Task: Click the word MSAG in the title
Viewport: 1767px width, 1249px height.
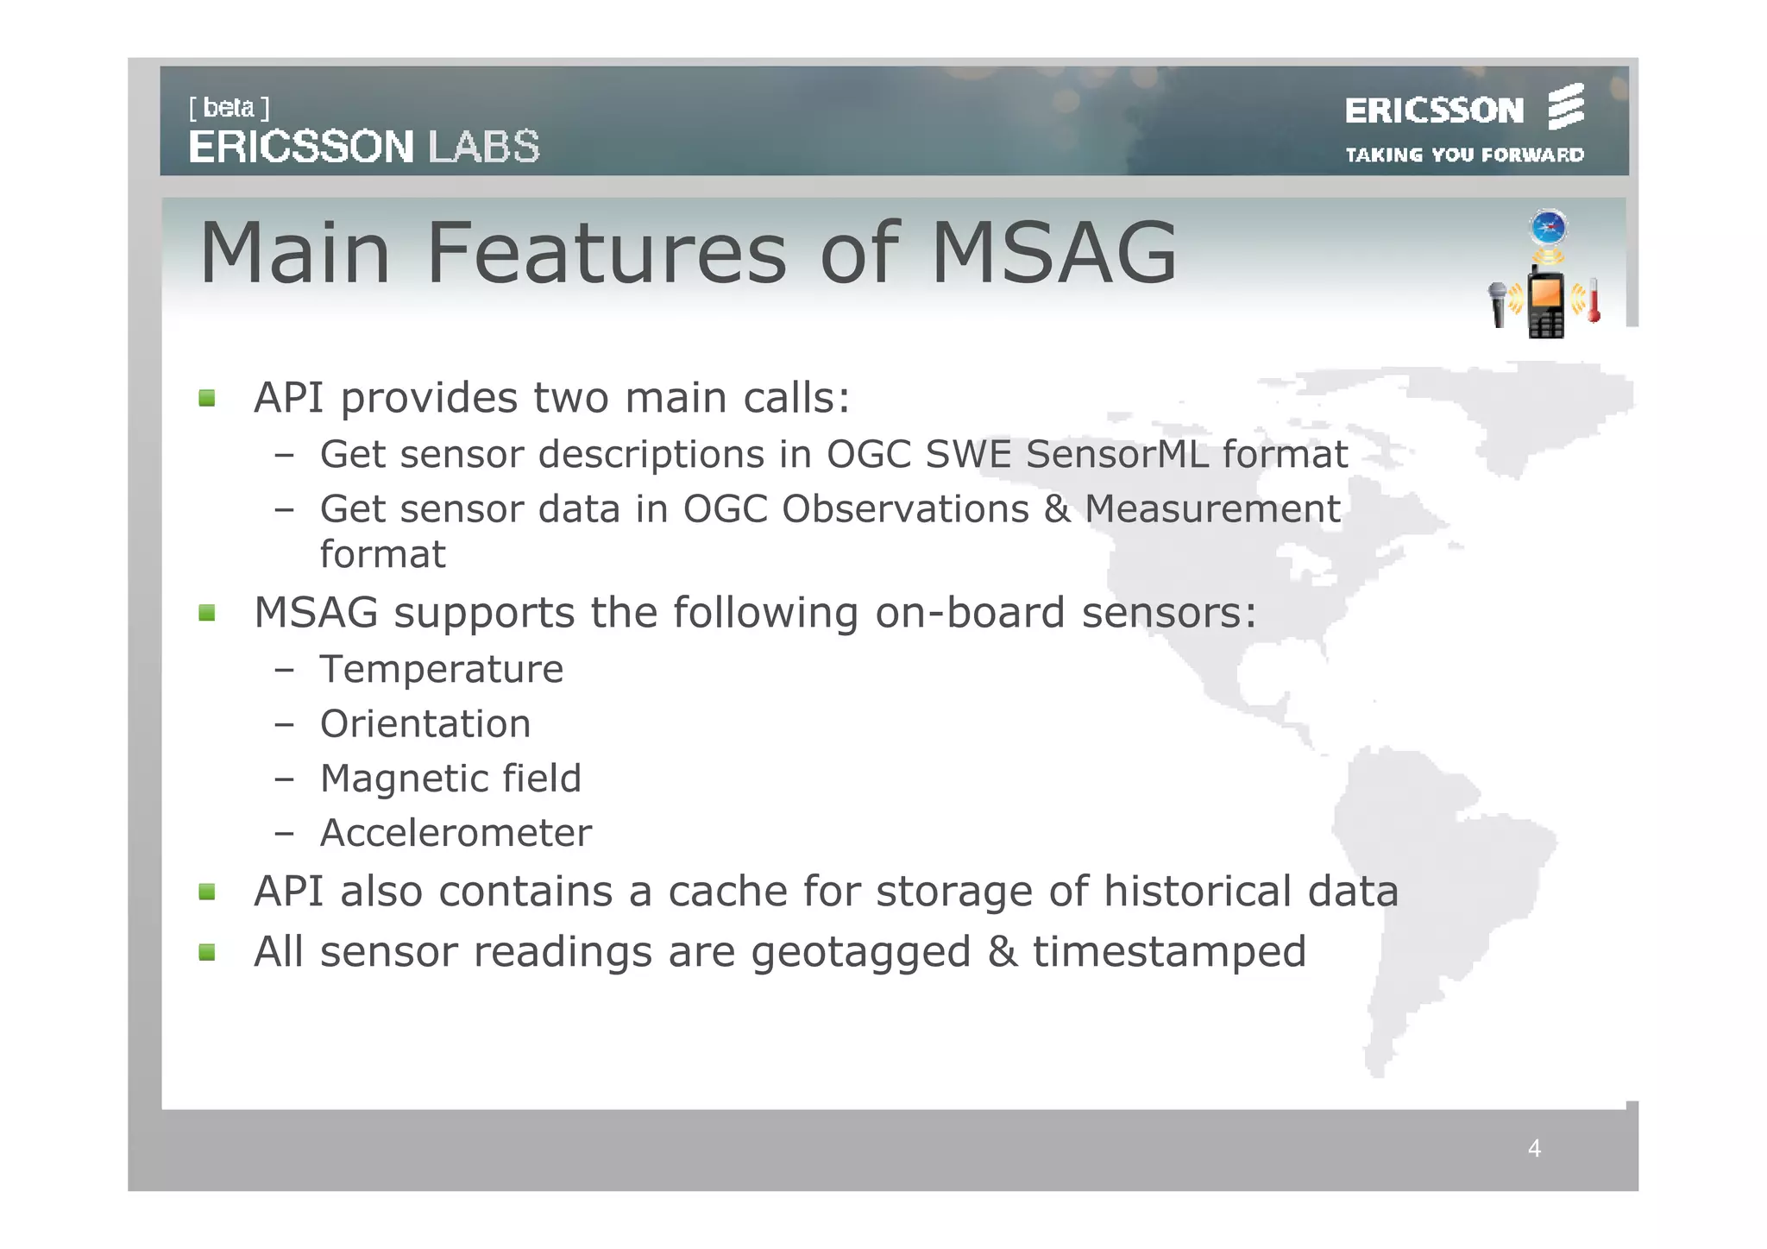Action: (x=1053, y=253)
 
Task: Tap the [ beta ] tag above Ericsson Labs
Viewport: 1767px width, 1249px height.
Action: (x=229, y=108)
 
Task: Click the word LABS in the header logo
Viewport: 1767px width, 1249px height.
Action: (x=484, y=147)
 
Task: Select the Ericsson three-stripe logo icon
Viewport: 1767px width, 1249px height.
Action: (x=1565, y=108)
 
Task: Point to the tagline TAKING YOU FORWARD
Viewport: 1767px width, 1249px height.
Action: (x=1464, y=155)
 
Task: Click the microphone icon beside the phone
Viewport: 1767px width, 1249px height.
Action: (x=1498, y=304)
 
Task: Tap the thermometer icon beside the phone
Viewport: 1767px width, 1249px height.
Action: (x=1594, y=301)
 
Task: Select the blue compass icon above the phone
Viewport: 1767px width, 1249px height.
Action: (x=1549, y=228)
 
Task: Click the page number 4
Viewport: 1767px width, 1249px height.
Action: (x=1534, y=1148)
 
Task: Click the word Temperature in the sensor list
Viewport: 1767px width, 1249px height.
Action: (x=441, y=670)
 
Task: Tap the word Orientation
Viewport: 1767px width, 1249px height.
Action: (x=425, y=724)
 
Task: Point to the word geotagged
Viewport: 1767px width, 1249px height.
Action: (x=860, y=953)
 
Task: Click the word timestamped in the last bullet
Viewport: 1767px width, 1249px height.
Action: (x=1169, y=953)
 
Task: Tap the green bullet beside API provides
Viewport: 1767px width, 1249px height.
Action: (x=207, y=398)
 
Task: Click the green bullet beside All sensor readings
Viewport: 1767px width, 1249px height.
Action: (x=207, y=952)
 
